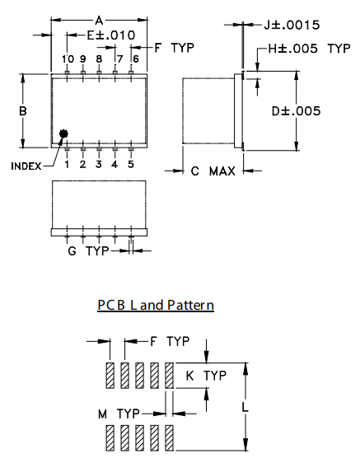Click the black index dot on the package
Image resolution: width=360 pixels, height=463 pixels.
click(x=63, y=134)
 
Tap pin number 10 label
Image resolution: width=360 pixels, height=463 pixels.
click(x=68, y=58)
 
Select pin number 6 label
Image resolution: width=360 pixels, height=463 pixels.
click(x=135, y=58)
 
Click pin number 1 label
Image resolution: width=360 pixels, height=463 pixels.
click(x=68, y=164)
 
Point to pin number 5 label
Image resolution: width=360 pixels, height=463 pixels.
click(x=130, y=164)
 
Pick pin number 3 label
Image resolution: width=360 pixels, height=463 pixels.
click(x=99, y=164)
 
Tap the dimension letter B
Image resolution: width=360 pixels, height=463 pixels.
click(x=23, y=110)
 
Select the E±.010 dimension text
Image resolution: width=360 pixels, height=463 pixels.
click(x=110, y=35)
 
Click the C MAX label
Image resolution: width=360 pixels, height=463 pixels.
click(x=213, y=171)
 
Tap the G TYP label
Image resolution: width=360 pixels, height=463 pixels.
click(x=88, y=250)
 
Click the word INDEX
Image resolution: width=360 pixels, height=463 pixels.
click(x=26, y=166)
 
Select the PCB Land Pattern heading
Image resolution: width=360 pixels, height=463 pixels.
click(x=156, y=305)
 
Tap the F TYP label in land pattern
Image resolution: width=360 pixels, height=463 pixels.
click(x=170, y=340)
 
